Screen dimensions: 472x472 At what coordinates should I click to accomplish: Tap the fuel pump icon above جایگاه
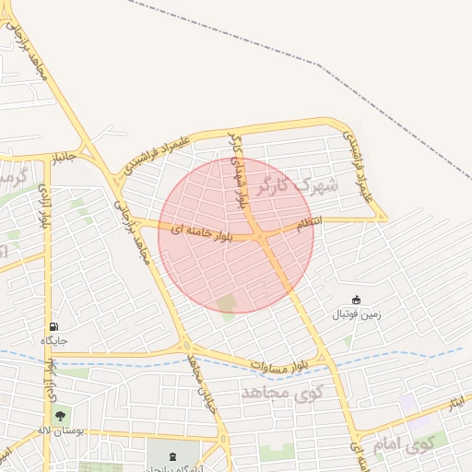point(53,326)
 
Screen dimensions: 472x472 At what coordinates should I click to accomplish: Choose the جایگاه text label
point(54,341)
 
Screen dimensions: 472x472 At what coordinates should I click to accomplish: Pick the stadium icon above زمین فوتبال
point(357,300)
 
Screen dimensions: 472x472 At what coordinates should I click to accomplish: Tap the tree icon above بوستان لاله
point(61,416)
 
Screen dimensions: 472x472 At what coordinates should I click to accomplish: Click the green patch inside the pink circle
point(227,303)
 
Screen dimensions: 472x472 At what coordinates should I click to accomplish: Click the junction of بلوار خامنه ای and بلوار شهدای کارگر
point(263,237)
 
